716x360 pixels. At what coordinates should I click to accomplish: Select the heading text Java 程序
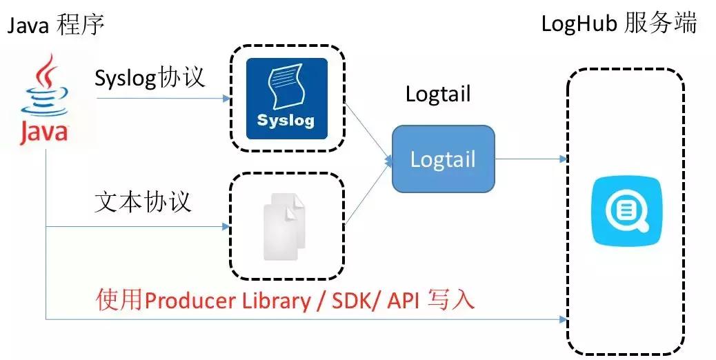pyautogui.click(x=55, y=26)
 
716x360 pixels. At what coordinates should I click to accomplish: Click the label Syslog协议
pyautogui.click(x=150, y=76)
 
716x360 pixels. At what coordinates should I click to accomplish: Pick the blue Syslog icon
pyautogui.click(x=287, y=99)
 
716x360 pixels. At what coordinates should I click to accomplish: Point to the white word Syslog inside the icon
pyautogui.click(x=286, y=120)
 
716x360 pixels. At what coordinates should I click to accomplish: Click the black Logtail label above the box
pyautogui.click(x=438, y=93)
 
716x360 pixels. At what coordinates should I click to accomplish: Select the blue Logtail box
pyautogui.click(x=443, y=159)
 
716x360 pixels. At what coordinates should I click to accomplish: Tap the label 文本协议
pyautogui.click(x=143, y=202)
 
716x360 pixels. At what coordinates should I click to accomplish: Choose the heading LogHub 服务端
pyautogui.click(x=619, y=24)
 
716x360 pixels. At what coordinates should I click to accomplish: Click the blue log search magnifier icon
pyautogui.click(x=626, y=212)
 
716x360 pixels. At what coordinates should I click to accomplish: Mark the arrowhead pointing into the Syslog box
pyautogui.click(x=226, y=99)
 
